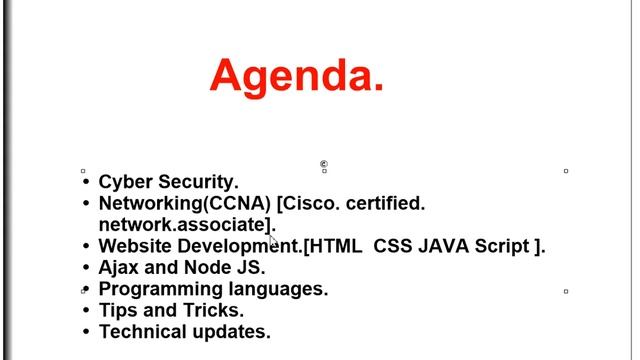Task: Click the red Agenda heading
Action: [297, 76]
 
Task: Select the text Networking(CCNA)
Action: [185, 204]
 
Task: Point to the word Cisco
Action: [312, 204]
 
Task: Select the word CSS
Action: [393, 246]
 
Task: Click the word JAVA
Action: [444, 246]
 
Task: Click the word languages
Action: [279, 289]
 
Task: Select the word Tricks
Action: [213, 310]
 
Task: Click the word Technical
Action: [144, 332]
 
